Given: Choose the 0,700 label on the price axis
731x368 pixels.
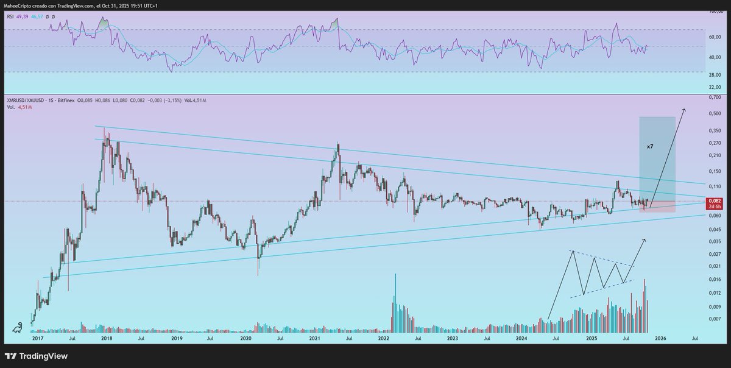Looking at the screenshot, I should pos(715,97).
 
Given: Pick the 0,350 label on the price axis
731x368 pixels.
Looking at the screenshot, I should pos(715,130).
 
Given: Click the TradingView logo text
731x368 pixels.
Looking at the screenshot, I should pos(43,356).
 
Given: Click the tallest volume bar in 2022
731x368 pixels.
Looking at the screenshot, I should pos(395,275).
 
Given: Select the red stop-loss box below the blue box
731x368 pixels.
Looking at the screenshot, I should pos(657,207).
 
